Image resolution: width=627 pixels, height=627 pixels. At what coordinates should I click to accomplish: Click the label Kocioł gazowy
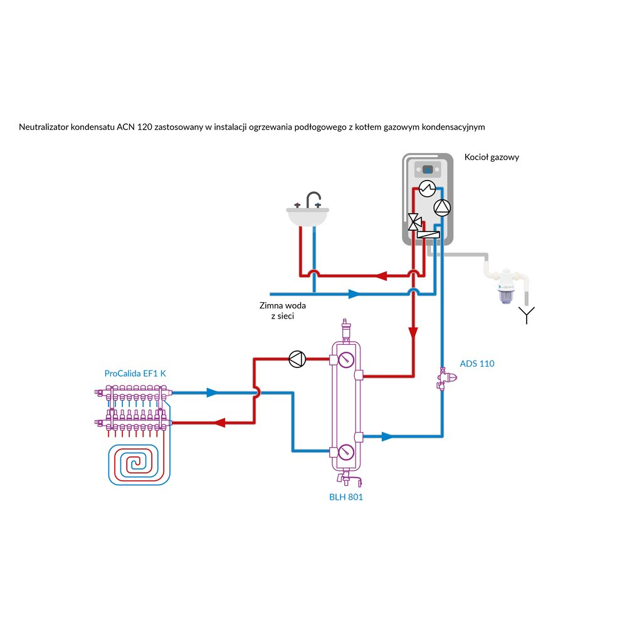[492, 157]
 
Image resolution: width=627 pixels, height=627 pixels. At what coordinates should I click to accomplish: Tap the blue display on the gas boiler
[428, 170]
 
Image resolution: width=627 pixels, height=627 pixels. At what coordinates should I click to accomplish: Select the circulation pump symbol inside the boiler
[441, 207]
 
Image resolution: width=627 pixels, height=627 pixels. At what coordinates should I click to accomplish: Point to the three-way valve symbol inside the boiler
[414, 221]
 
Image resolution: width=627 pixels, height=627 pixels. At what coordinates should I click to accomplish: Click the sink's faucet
[312, 200]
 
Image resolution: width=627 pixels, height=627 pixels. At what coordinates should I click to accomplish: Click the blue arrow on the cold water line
[354, 293]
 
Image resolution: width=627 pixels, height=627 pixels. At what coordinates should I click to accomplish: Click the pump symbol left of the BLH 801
[297, 359]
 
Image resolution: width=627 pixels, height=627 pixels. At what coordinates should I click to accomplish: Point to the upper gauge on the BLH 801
[345, 360]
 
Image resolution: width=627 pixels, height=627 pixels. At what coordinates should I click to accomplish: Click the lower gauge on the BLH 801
[345, 453]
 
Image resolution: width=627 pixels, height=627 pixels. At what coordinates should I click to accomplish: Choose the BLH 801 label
[346, 497]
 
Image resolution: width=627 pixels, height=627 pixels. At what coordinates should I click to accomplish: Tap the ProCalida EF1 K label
[135, 373]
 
